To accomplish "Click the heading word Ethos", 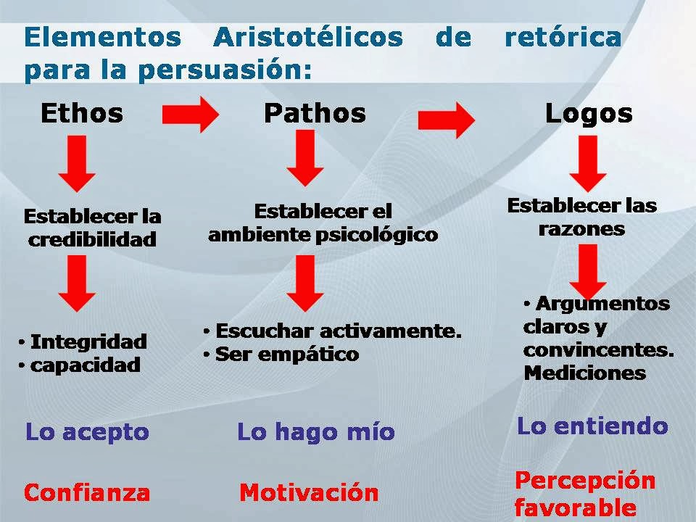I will click(x=81, y=113).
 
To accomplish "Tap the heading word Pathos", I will click(x=315, y=113).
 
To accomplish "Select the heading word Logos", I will click(x=588, y=113).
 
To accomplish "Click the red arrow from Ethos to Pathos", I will click(x=190, y=115).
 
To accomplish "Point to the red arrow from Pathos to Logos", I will click(x=447, y=120).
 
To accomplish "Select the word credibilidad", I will click(x=92, y=239).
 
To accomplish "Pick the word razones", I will click(x=581, y=229).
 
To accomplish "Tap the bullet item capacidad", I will click(x=85, y=365).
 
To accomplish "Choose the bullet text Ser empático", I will click(x=287, y=355).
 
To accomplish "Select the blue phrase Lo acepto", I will click(x=87, y=432).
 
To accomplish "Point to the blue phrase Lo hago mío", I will click(x=316, y=432).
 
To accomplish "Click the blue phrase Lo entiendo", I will click(x=592, y=425).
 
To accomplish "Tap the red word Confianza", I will click(x=87, y=493).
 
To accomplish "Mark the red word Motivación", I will click(x=309, y=493).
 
